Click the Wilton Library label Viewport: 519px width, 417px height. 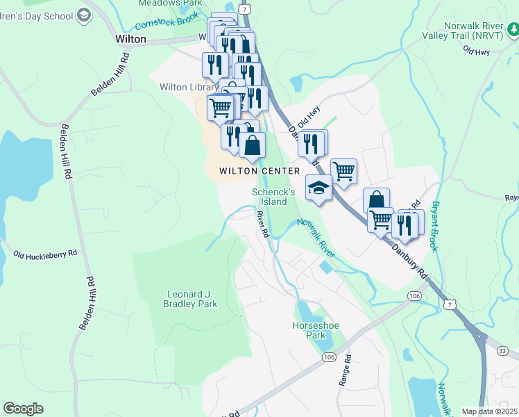tap(184, 87)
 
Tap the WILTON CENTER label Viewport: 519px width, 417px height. tap(259, 171)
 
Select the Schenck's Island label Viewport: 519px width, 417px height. tap(269, 197)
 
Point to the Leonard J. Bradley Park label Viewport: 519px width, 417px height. tap(190, 299)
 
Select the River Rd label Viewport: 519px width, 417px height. tap(262, 224)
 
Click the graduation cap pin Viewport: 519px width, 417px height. tap(318, 188)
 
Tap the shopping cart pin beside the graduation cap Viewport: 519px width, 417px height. tap(343, 171)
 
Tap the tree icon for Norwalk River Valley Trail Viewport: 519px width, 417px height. tap(512, 28)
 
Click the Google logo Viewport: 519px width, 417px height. tap(23, 409)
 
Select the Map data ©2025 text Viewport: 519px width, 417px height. tap(489, 411)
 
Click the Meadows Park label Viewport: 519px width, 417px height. tap(160, 3)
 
